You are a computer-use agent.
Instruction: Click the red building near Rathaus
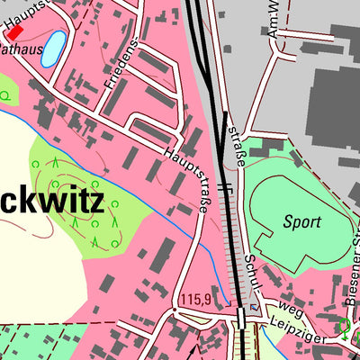(13, 31)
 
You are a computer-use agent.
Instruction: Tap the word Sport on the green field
(301, 220)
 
